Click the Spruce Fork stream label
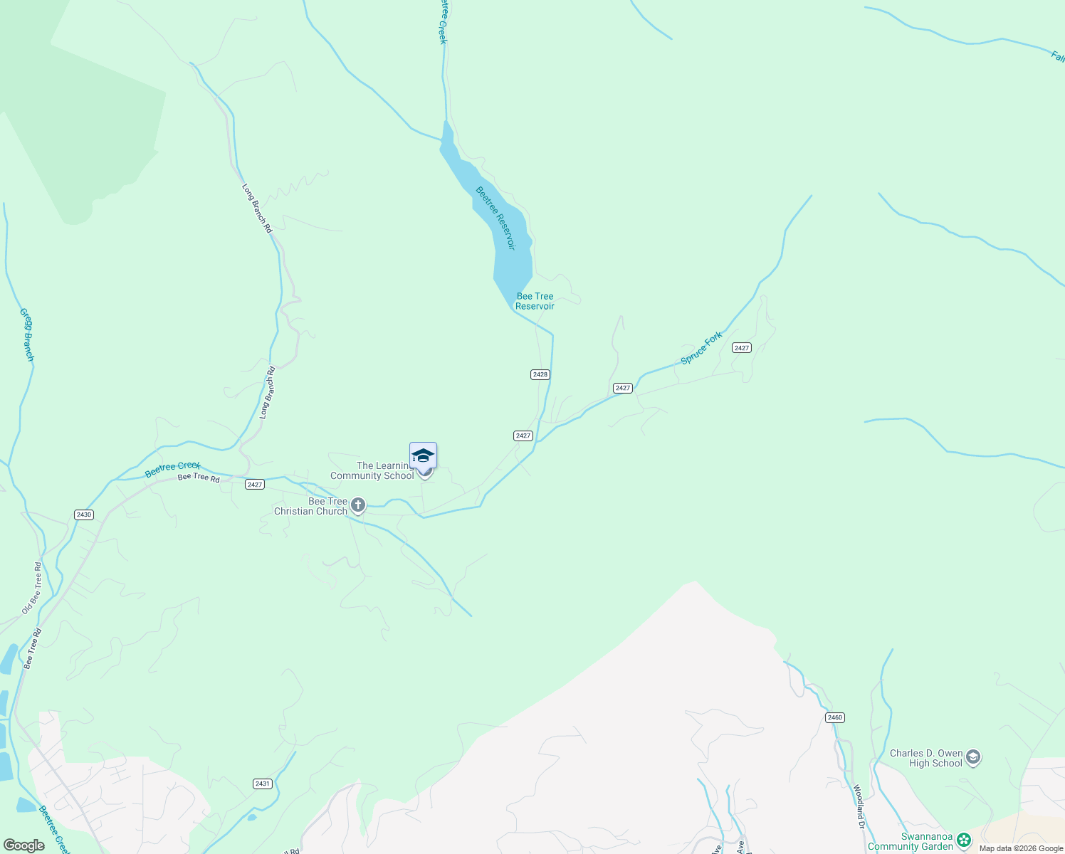701,347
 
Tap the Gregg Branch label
26,334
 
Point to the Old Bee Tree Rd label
33,588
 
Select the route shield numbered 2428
540,374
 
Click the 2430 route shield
84,515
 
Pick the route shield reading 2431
263,784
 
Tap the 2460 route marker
835,717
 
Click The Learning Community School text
372,471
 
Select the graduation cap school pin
423,455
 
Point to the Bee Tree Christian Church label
311,506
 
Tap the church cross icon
358,505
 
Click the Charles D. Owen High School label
925,758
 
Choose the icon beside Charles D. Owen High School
973,758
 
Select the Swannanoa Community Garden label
910,842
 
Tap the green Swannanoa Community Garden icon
963,840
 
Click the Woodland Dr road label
859,806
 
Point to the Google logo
23,845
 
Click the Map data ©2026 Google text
1021,848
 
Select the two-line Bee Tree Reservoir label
535,301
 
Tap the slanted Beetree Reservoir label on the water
495,218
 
